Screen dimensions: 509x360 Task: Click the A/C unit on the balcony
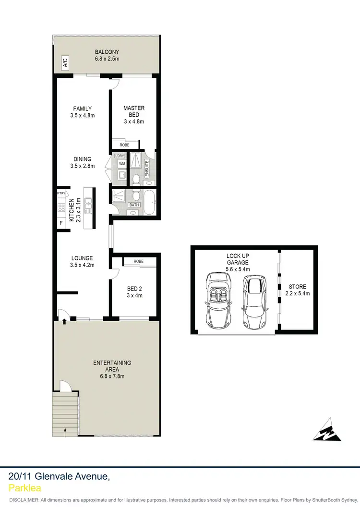(64, 62)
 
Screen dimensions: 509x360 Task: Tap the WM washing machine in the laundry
(121, 164)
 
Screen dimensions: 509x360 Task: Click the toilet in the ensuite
(136, 179)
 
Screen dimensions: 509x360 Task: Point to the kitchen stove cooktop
(61, 208)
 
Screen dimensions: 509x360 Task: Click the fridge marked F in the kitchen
(61, 224)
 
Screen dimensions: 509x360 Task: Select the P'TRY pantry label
(61, 193)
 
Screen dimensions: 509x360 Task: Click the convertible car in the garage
(218, 299)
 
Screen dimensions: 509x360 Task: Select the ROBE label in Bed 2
(139, 261)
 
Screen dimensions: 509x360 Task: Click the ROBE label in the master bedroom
(125, 145)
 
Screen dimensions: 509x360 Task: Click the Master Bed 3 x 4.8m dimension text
(133, 121)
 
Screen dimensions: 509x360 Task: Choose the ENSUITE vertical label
(147, 168)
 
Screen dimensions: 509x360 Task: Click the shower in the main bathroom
(120, 197)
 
